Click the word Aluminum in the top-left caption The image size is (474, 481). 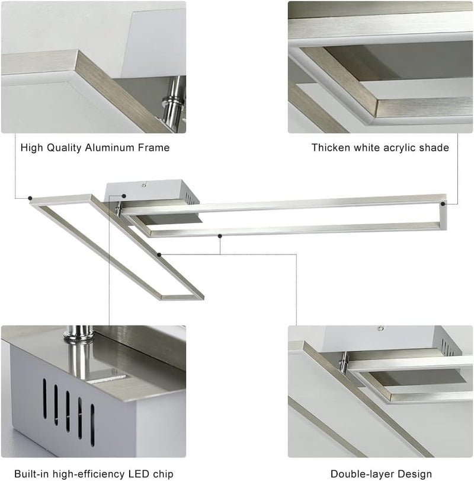110,148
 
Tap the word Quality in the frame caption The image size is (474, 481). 64,148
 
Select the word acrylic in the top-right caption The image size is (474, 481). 400,148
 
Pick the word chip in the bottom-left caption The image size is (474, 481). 163,474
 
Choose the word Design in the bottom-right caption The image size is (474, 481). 412,474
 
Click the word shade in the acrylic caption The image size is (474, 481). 434,148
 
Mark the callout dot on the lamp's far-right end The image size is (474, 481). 443,203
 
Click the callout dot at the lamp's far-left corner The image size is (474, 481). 30,198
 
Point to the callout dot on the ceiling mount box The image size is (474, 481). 124,196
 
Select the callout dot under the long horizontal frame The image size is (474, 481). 220,236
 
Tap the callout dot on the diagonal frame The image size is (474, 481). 159,254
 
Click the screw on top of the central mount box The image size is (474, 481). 144,184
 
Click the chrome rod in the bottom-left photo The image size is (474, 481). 79,353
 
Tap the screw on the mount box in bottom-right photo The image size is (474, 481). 381,328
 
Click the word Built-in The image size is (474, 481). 31,474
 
